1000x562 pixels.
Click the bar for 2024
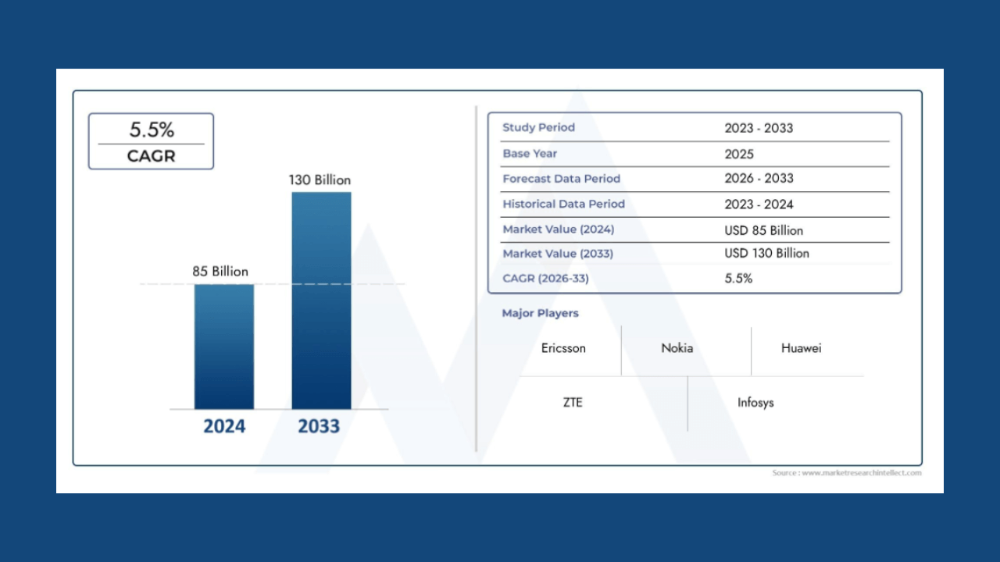tap(224, 347)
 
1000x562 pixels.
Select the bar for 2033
tap(321, 301)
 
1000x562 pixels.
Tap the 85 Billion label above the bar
tap(220, 272)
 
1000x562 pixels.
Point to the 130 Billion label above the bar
tap(320, 180)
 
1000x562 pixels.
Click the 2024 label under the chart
tap(224, 426)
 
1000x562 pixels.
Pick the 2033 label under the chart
tap(319, 426)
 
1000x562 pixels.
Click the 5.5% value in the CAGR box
tap(152, 130)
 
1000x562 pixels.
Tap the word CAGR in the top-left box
tap(152, 156)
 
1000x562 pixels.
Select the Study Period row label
tap(538, 127)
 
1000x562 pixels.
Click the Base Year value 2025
tap(739, 154)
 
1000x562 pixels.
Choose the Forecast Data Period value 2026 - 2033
tap(759, 179)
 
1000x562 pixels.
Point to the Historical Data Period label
tap(563, 204)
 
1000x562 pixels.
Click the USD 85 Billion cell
tap(763, 230)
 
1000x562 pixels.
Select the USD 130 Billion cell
tap(766, 254)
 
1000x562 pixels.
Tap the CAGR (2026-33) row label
tap(545, 279)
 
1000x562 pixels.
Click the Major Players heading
tap(540, 313)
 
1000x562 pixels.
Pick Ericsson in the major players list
tap(563, 348)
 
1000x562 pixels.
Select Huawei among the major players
tap(801, 348)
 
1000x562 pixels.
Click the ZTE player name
tap(573, 403)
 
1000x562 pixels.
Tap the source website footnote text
tap(847, 473)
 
